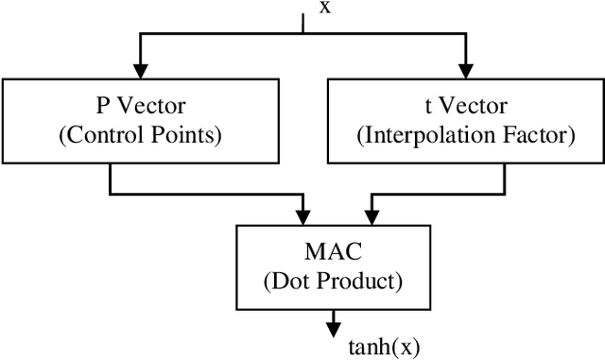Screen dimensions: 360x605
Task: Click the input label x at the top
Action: [325, 9]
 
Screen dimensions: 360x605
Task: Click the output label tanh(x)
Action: [383, 345]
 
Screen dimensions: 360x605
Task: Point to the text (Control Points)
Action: [140, 135]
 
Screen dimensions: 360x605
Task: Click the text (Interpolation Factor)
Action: [465, 135]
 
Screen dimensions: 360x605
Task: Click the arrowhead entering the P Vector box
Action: [140, 72]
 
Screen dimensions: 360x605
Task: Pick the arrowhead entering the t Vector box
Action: [464, 72]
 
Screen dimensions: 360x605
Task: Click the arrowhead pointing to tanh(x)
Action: [333, 330]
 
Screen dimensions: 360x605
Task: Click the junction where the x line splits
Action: [302, 34]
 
